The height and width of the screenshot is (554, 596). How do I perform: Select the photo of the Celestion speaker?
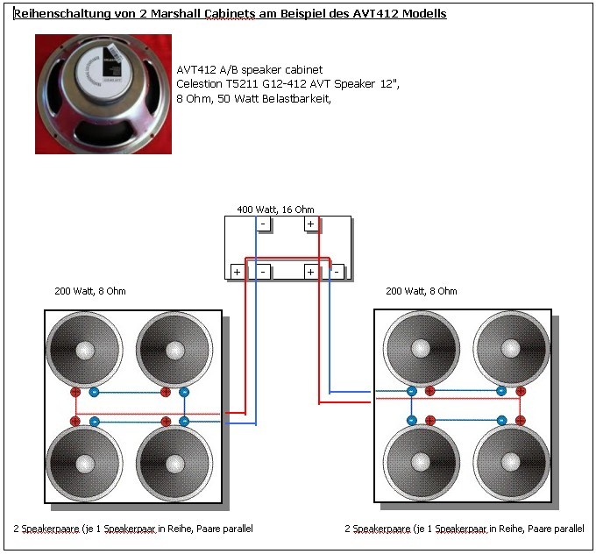103,94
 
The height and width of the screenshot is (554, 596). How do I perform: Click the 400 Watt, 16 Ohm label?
275,210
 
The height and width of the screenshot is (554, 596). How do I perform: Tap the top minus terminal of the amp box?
264,224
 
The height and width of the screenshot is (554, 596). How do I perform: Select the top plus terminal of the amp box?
310,224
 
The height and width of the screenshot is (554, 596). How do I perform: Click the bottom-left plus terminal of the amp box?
237,272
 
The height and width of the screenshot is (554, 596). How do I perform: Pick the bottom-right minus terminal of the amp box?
337,272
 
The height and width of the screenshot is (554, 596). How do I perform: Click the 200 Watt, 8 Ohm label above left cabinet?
89,291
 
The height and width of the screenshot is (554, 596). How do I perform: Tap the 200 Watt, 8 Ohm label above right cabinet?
421,291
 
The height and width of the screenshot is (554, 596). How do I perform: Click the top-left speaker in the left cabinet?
84,351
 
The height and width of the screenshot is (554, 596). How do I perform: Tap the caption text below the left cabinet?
133,529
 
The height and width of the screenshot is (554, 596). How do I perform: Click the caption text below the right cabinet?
465,529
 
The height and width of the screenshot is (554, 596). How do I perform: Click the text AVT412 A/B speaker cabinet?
249,69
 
